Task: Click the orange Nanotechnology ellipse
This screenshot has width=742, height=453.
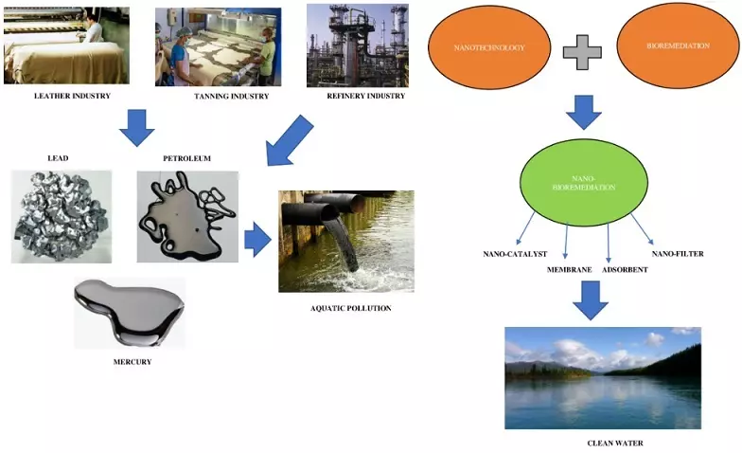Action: click(x=488, y=45)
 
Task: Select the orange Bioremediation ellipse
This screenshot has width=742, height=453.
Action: click(x=675, y=45)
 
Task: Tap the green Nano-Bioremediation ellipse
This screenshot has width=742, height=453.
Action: click(x=584, y=182)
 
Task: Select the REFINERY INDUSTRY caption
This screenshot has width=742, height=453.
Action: click(x=366, y=96)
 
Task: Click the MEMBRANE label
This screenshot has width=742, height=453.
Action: click(x=570, y=270)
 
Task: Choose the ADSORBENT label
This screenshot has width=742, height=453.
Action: click(x=624, y=270)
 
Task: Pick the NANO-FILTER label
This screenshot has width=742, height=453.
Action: click(x=678, y=254)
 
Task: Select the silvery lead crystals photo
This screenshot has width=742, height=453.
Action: click(x=62, y=216)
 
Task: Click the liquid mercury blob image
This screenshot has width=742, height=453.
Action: click(x=130, y=311)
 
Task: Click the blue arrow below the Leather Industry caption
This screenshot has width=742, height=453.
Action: click(x=137, y=127)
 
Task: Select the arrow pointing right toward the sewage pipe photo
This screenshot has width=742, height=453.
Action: click(x=257, y=241)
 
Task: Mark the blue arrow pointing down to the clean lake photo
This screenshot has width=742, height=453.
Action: click(x=590, y=300)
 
